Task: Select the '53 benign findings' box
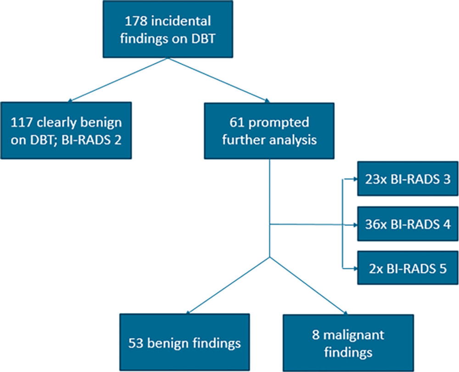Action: tap(185, 343)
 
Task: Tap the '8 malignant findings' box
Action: tap(348, 343)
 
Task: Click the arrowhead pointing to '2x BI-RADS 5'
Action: tap(353, 268)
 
